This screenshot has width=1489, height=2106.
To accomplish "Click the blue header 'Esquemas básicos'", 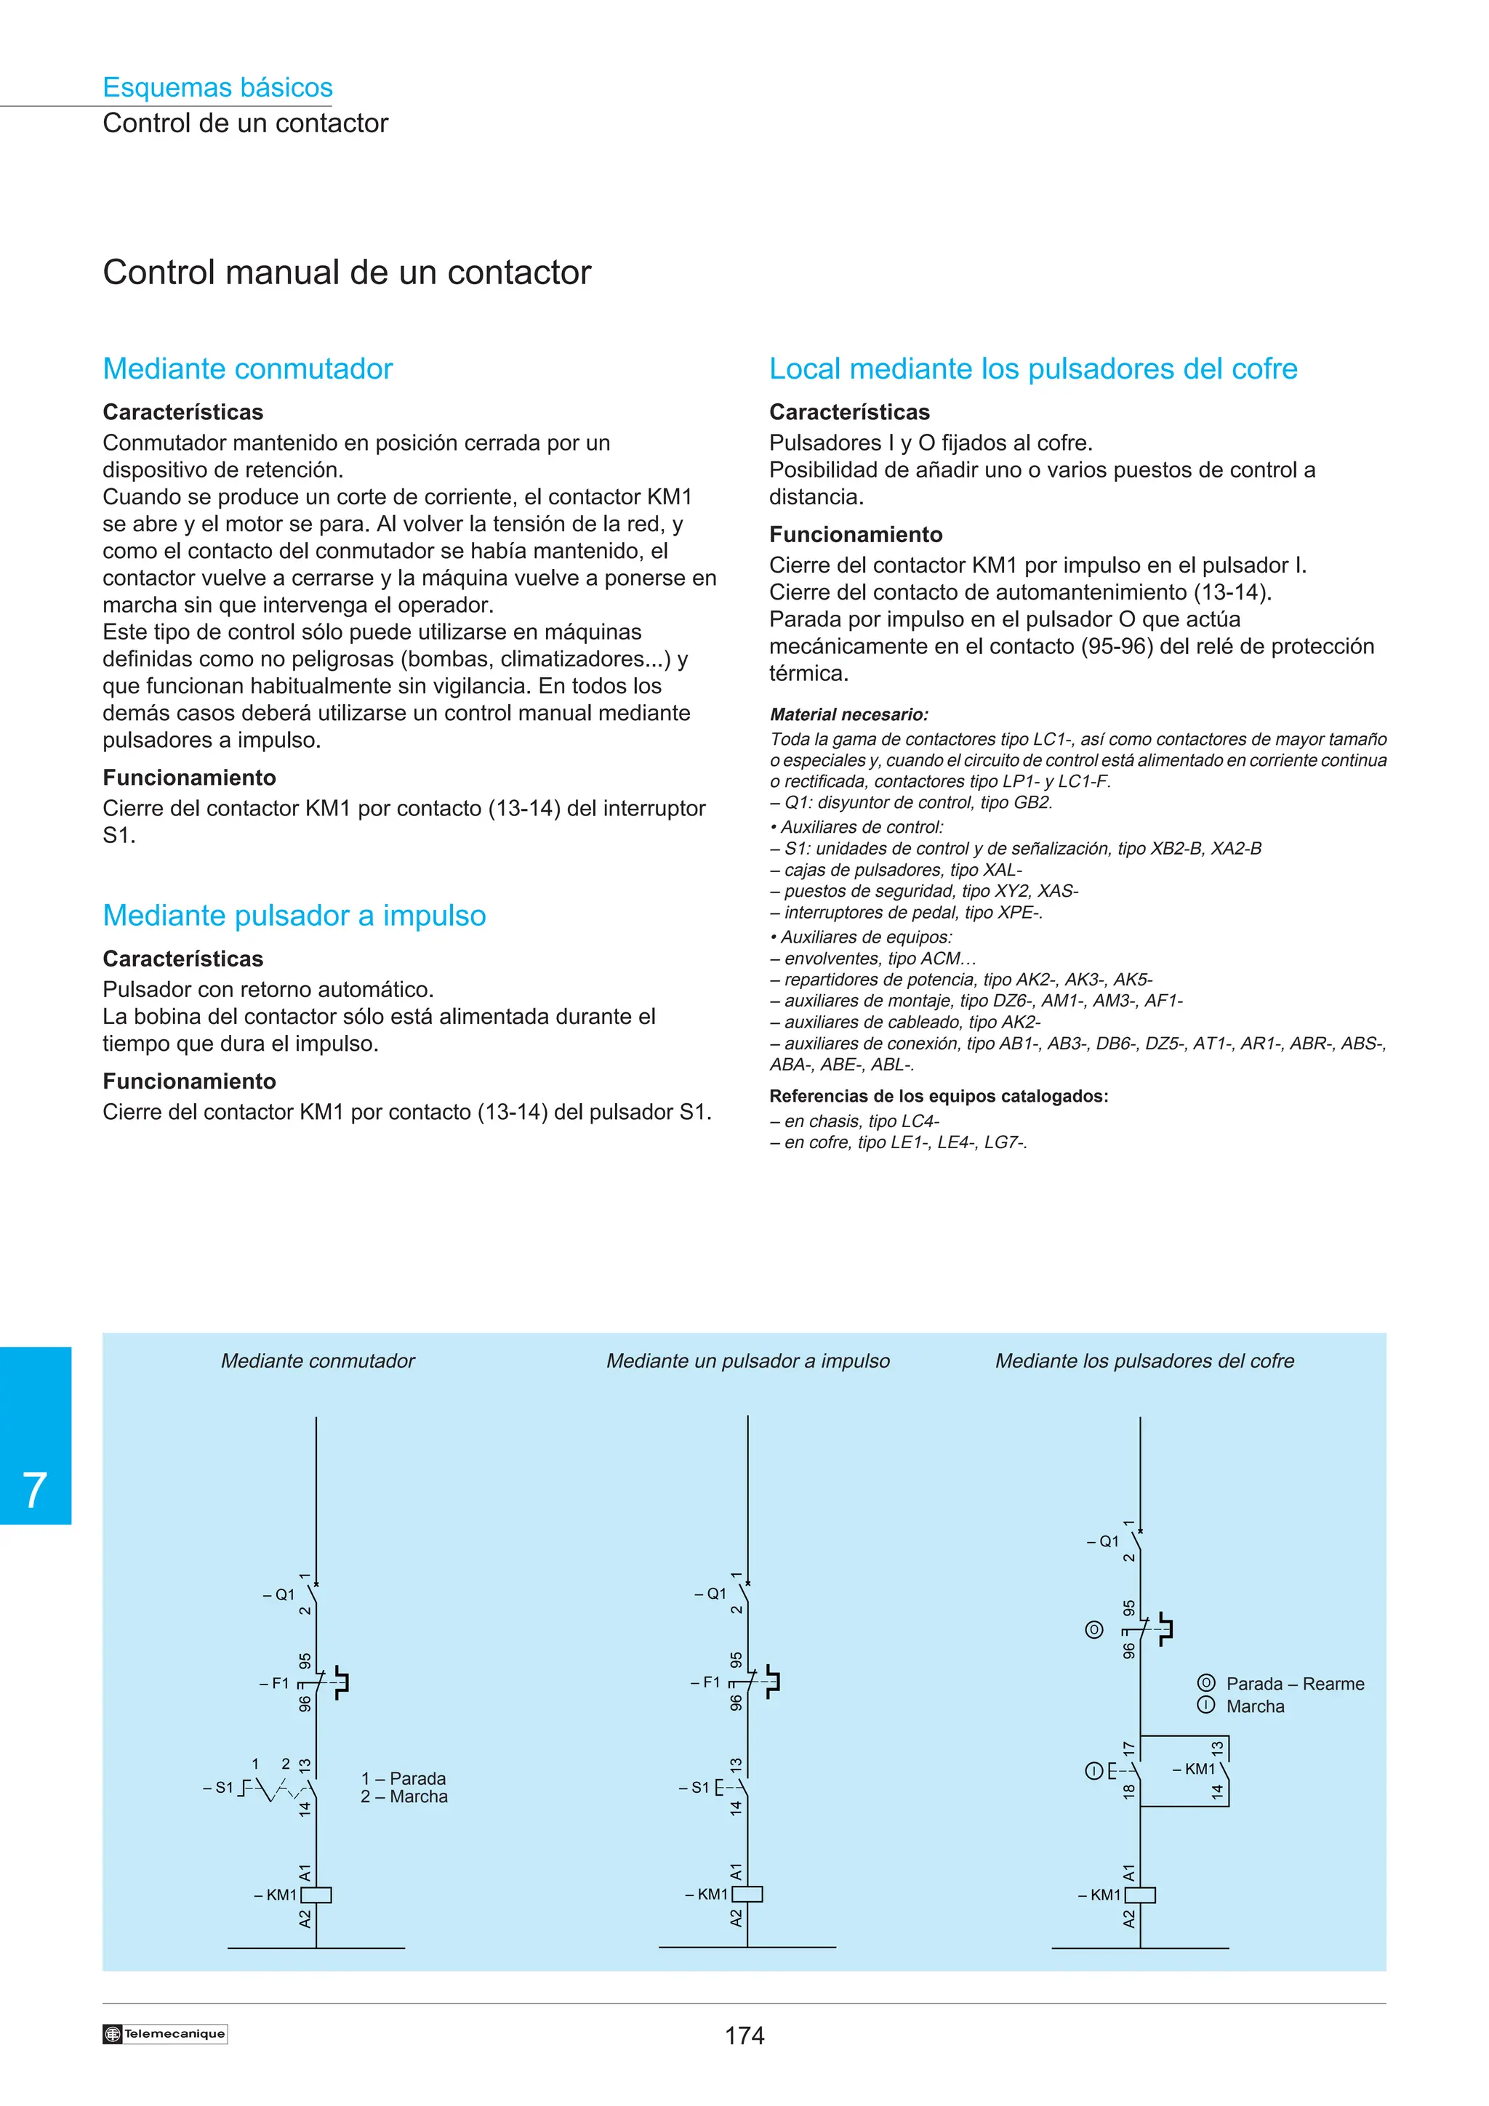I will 217,87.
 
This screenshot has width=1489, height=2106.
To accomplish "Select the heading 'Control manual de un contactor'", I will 347,273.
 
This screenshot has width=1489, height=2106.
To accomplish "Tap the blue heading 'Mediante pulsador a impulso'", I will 294,916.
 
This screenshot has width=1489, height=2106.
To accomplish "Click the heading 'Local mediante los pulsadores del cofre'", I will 1033,368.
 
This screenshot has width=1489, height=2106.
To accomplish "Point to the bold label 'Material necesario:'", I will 848,714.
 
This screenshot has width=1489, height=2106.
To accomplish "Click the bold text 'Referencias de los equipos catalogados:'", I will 939,1096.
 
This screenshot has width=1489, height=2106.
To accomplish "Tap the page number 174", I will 744,2036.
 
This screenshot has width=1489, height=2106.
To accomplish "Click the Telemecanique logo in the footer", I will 165,2033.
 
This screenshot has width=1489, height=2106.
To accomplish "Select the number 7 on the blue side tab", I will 35,1490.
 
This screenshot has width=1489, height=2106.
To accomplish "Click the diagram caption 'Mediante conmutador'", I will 318,1361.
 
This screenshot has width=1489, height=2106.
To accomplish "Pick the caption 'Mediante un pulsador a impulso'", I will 747,1361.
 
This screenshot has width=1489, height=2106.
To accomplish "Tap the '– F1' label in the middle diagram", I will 705,1682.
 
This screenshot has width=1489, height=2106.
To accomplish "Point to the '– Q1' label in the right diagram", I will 1103,1542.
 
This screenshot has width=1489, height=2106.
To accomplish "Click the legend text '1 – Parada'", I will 404,1778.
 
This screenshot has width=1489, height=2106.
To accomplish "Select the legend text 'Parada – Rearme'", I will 1294,1684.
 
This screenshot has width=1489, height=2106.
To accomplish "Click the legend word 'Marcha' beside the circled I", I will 1255,1707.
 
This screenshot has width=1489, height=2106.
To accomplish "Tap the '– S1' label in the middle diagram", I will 694,1788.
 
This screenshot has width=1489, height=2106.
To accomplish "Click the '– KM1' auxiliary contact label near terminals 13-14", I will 1194,1770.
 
